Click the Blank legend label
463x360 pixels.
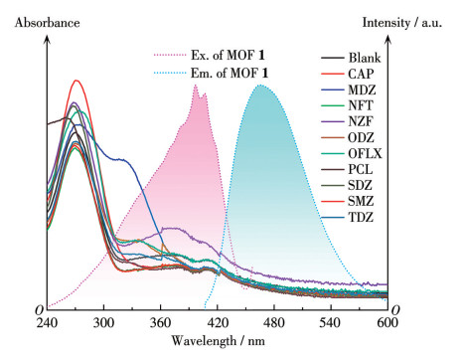(x=365, y=58)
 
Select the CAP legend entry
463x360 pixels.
(x=361, y=74)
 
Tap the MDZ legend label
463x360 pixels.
(x=362, y=90)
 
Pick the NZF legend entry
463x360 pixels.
(x=361, y=121)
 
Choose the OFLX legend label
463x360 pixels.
(x=365, y=153)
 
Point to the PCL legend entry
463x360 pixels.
(x=361, y=169)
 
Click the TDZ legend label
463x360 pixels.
(x=361, y=218)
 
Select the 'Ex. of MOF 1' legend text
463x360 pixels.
(x=228, y=55)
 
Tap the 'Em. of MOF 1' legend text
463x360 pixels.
(x=229, y=73)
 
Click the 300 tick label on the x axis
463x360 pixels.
(x=103, y=322)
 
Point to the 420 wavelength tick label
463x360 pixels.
(x=218, y=322)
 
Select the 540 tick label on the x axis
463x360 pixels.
(x=331, y=322)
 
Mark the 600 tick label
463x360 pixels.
(x=387, y=322)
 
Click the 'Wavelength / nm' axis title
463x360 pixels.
(x=218, y=341)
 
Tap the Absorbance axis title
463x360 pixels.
(x=47, y=23)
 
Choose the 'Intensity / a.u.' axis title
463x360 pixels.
(x=402, y=23)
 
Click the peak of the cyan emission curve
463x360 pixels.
(x=260, y=86)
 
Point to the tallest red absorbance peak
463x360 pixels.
(x=77, y=81)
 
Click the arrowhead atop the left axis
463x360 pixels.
(x=47, y=40)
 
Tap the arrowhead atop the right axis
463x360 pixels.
(x=388, y=40)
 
